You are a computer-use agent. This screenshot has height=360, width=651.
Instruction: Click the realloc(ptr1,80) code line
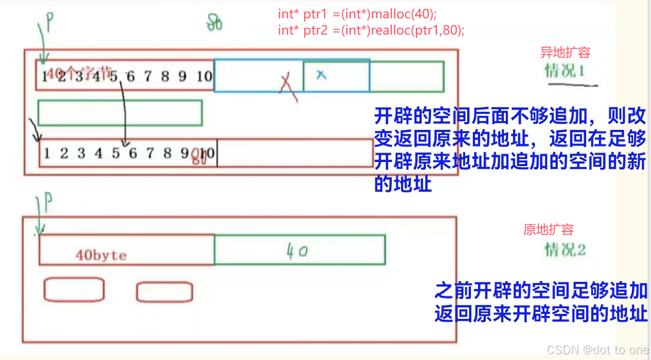tap(371, 30)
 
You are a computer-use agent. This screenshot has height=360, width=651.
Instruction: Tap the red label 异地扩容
tap(565, 53)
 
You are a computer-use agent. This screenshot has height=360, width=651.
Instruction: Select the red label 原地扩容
tap(548, 230)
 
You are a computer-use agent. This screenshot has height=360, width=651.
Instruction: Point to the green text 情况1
tap(565, 70)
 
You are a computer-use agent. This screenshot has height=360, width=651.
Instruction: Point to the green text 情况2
tap(565, 250)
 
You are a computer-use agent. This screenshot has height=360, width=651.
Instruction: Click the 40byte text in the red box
tap(101, 255)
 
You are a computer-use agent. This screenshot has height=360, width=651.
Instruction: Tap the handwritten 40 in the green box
tap(296, 252)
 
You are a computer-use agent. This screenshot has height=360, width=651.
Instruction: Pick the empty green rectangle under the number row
tap(120, 113)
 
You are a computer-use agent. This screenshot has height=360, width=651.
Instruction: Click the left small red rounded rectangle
tap(74, 290)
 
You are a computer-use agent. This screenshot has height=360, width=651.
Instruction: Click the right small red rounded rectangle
tap(164, 292)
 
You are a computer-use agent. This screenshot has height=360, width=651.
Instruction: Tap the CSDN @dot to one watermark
tap(597, 350)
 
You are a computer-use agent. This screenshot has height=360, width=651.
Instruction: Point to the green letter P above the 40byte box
tap(48, 202)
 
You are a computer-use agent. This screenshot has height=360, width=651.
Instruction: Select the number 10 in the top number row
tap(204, 77)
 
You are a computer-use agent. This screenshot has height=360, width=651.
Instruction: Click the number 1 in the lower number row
tap(47, 154)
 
